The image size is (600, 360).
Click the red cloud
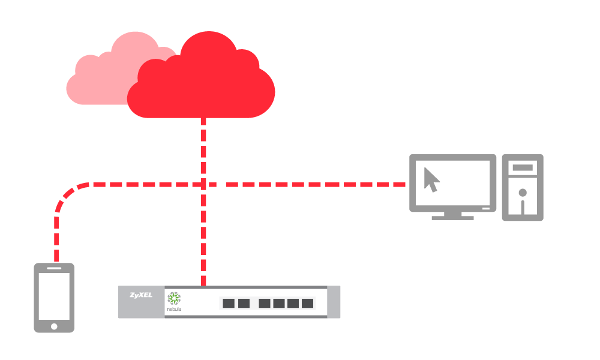(174, 78)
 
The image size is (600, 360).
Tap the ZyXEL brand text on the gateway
(140, 295)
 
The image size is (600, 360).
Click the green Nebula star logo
(174, 299)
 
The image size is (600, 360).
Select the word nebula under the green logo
(174, 310)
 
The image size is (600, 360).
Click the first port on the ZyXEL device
(229, 303)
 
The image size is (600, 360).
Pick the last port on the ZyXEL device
(308, 303)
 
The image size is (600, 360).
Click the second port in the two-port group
(243, 303)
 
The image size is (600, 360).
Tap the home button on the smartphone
(54, 326)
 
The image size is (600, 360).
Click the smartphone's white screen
(54, 296)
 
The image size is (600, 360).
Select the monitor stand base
(452, 217)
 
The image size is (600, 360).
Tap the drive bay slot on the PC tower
(523, 167)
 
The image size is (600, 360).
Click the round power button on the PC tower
(523, 193)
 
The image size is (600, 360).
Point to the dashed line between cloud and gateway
(204, 150)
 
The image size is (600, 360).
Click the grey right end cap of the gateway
(335, 302)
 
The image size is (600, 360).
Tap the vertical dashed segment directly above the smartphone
(56, 240)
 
